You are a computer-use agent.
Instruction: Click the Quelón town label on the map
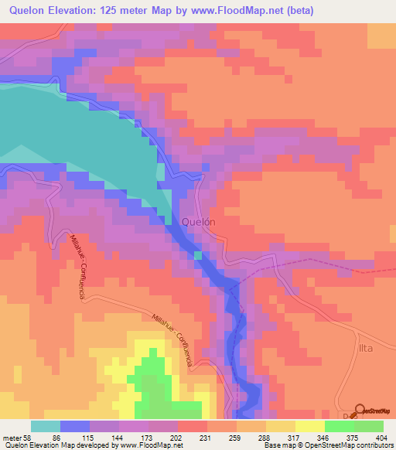197,221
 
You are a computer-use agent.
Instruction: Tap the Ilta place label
365,349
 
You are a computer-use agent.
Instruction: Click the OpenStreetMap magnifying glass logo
360,410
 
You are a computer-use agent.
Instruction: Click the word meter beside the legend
13,437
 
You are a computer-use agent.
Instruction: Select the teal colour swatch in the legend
46,426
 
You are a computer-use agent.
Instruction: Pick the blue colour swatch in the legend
75,426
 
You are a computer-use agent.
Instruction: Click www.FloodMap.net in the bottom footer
152,445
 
